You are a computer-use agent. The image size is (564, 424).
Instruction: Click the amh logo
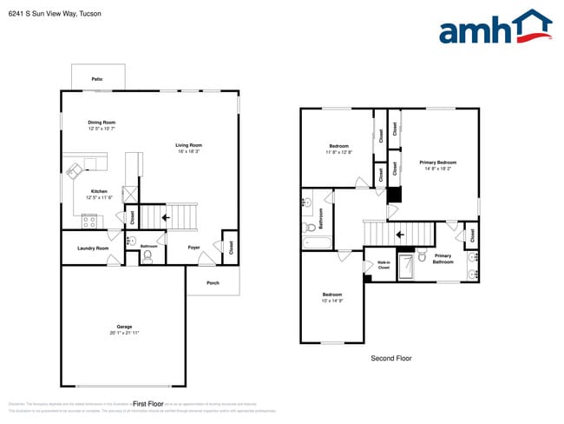click(x=495, y=28)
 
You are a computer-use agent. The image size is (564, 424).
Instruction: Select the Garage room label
click(x=124, y=327)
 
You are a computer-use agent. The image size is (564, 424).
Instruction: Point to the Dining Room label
click(x=102, y=123)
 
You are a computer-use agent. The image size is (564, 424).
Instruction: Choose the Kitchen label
click(x=100, y=191)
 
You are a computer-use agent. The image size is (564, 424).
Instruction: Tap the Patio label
click(x=97, y=79)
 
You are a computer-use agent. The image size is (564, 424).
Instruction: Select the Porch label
click(x=213, y=283)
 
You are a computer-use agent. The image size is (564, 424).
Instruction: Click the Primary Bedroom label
click(x=437, y=162)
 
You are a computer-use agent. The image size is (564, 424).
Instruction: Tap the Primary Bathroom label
click(x=443, y=258)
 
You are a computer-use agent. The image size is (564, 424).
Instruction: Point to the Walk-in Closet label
click(x=383, y=264)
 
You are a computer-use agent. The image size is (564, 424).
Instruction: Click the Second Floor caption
click(x=390, y=358)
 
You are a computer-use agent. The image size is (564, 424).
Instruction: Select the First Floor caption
click(x=148, y=404)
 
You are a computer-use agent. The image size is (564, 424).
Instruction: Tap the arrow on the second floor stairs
click(x=400, y=233)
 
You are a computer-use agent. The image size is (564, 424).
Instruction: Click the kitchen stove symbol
click(x=89, y=220)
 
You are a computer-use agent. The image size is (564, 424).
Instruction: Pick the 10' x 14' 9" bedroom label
click(x=333, y=297)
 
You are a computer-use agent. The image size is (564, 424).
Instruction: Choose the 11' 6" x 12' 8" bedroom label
click(x=338, y=149)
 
